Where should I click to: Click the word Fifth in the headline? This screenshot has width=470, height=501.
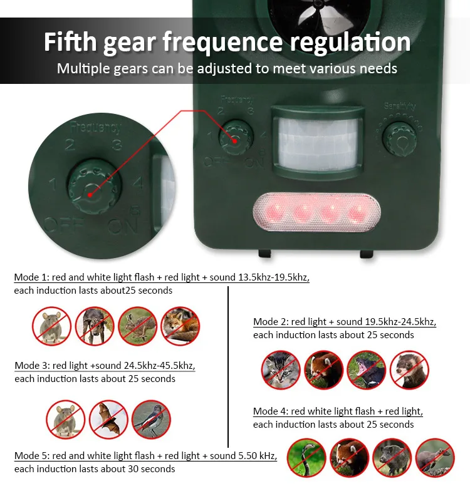pos(70,42)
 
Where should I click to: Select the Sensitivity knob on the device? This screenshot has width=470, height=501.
pos(399,139)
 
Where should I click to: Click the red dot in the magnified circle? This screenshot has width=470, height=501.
pos(90,195)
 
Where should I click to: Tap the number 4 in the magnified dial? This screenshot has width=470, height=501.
pos(137,183)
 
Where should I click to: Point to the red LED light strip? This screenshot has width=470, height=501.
pos(316,212)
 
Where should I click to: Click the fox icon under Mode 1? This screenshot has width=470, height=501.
pos(180,326)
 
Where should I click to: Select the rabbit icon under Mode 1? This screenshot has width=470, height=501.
pos(137,326)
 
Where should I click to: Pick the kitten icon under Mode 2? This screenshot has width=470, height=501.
pos(281,369)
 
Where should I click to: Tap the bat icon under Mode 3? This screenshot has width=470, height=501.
pos(108,419)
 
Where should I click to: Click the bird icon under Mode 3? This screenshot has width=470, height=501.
pos(151,419)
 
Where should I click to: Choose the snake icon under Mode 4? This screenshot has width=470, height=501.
pos(306,458)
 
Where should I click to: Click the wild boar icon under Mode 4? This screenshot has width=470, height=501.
pos(392,458)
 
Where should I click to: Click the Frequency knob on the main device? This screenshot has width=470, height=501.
pos(236,138)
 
